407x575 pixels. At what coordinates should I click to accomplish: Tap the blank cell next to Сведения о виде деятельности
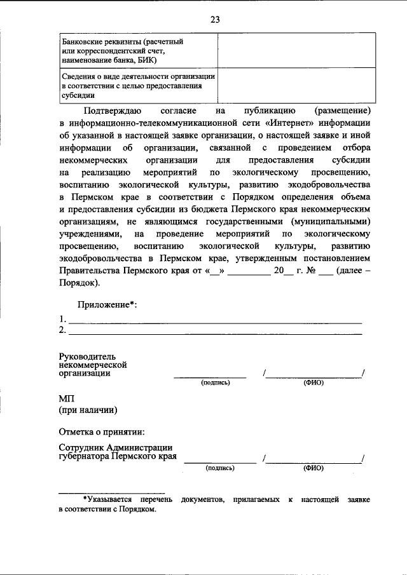293,85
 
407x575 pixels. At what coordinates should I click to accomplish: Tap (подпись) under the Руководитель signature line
214,383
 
